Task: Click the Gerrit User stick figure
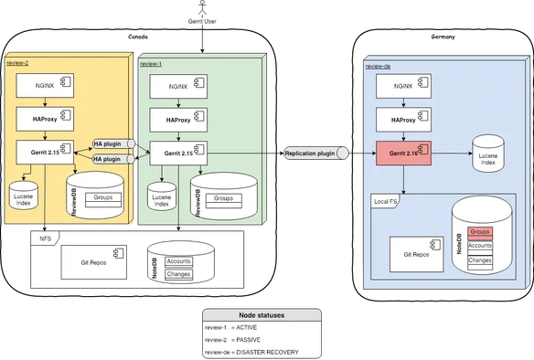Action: [203, 7]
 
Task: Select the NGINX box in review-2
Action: [45, 85]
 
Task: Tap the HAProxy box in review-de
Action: [403, 120]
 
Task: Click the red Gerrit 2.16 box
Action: [403, 154]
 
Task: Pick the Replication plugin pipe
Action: [316, 154]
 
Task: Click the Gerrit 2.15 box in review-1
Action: [178, 154]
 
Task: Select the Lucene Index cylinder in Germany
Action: [488, 154]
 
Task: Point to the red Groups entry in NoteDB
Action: [480, 233]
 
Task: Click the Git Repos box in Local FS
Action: [417, 254]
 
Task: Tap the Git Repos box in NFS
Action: [93, 262]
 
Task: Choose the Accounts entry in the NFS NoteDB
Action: [179, 262]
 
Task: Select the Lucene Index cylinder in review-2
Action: [23, 196]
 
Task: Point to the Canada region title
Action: [138, 37]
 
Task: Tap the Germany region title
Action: [443, 37]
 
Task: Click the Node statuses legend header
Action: [262, 315]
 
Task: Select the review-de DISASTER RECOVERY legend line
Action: [251, 352]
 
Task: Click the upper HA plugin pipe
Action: [114, 143]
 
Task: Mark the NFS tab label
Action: [46, 238]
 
